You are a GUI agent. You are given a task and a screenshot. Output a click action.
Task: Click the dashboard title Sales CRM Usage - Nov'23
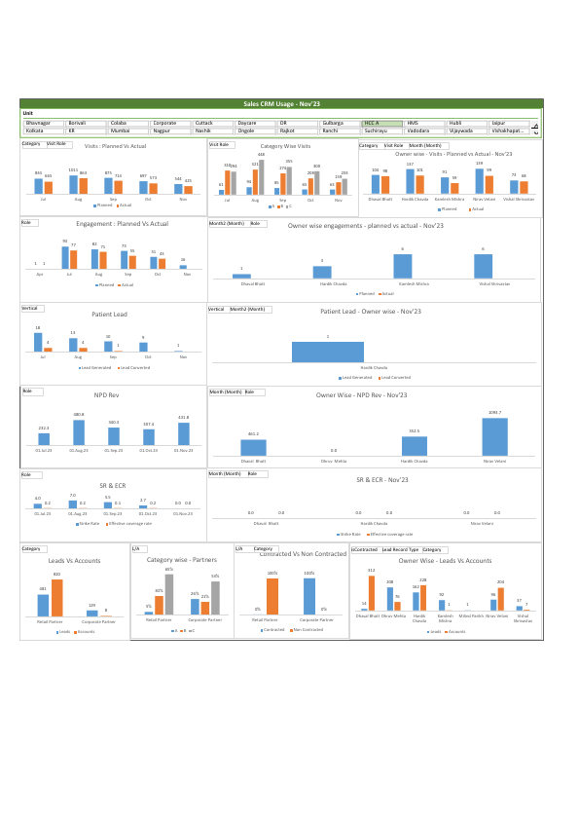[280, 102]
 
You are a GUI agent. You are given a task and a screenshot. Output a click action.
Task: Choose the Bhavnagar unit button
[43, 123]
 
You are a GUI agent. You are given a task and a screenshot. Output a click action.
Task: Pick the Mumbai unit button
[127, 130]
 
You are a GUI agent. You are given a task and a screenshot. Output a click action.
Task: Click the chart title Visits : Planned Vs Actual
[115, 145]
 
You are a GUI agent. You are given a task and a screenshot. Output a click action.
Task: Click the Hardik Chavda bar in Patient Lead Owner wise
[328, 352]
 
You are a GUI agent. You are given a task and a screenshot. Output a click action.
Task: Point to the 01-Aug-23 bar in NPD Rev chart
[79, 432]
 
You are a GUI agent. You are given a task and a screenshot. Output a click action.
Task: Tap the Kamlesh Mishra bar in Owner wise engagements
[402, 266]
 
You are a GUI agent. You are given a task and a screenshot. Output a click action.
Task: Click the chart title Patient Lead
[109, 315]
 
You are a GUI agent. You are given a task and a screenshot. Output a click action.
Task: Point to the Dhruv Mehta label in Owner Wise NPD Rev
[334, 461]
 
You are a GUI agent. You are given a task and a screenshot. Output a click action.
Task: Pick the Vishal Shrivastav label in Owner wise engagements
[496, 283]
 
